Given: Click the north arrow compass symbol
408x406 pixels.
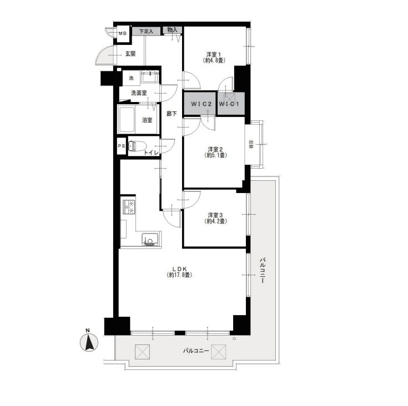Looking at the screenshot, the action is [x=89, y=342].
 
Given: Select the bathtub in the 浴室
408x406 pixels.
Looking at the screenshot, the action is [x=127, y=120].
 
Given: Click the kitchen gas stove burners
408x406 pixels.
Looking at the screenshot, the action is [x=129, y=207].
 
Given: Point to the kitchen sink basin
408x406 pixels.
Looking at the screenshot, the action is [x=150, y=240].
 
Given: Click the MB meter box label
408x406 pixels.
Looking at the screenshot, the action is [x=123, y=33].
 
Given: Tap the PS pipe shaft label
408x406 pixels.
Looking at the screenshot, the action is [x=122, y=146].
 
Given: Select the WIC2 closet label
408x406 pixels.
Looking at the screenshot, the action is [x=202, y=104].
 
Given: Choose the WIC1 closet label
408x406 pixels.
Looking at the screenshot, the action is [x=229, y=104].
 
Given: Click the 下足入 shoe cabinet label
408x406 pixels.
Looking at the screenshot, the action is [x=146, y=32].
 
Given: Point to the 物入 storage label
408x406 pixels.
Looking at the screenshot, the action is [x=172, y=30].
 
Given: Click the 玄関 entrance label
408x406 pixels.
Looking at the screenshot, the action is [x=130, y=54].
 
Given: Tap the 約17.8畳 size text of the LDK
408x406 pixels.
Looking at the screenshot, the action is [x=179, y=275].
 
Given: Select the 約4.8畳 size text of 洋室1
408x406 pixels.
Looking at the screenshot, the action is [x=214, y=60].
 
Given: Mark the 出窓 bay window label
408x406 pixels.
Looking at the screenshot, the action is [x=251, y=144].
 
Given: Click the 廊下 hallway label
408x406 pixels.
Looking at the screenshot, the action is [x=172, y=114].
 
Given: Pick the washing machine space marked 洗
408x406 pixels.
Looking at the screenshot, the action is [x=132, y=78].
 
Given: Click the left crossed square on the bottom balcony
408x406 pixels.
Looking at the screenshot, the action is [x=142, y=352].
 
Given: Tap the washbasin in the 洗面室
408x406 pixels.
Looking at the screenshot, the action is [x=150, y=77].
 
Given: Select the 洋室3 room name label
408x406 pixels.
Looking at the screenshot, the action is [x=215, y=215].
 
